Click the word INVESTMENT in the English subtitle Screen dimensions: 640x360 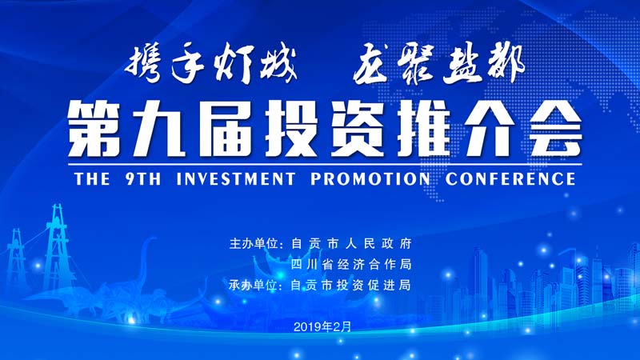[235, 179]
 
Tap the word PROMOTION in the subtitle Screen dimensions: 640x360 [370, 179]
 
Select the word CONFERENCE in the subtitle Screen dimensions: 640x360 [510, 179]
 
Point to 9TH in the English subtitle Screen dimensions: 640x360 [143, 179]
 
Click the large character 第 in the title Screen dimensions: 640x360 [94, 129]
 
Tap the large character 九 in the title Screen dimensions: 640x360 [159, 129]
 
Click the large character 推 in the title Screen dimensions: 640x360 [423, 129]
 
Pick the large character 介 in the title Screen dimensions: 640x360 [489, 129]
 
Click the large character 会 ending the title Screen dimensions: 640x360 [555, 129]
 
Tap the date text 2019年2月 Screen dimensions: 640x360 [322, 326]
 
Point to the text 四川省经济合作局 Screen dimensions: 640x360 [350, 265]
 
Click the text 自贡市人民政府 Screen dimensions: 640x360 [351, 244]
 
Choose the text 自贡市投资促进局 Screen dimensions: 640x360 [350, 285]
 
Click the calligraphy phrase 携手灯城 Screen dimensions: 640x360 [211, 66]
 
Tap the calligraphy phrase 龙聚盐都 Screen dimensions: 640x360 [438, 65]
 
